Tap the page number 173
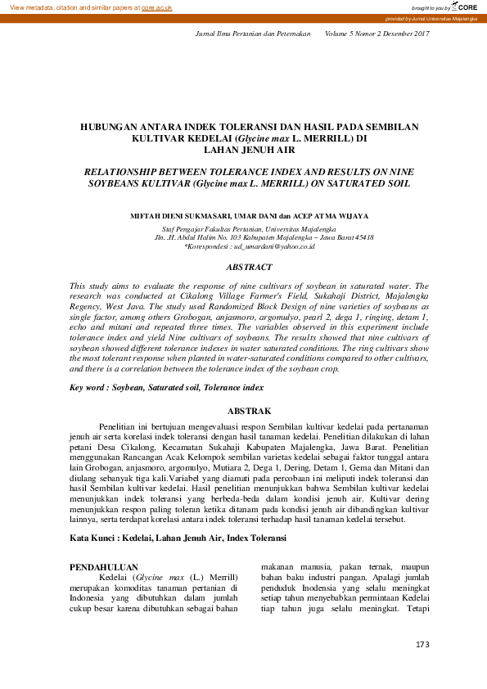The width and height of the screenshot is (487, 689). [422, 645]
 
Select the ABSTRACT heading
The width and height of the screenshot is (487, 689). [249, 267]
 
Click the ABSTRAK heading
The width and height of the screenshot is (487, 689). [249, 410]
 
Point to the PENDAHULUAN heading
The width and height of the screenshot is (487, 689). [103, 566]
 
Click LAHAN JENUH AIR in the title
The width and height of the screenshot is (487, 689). [249, 151]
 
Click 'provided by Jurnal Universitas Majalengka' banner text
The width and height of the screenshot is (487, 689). [431, 18]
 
